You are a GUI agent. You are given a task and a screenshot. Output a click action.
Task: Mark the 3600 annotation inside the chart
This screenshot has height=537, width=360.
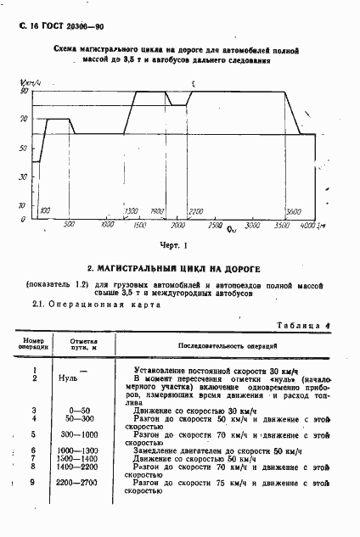point(294,210)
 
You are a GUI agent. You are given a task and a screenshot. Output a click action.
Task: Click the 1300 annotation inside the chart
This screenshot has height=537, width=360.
point(131,210)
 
